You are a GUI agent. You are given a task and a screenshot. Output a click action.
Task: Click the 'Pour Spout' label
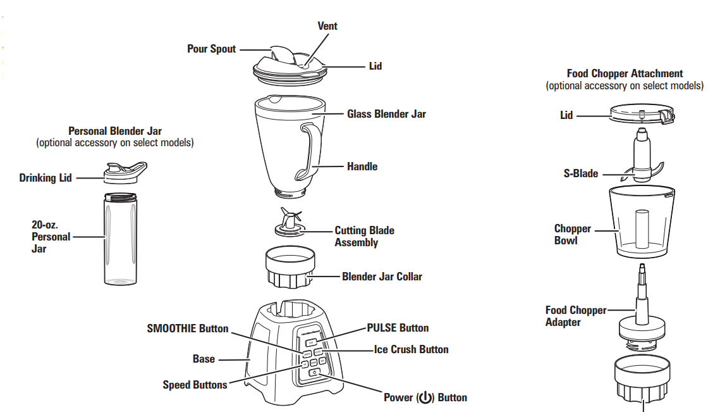pos(211,49)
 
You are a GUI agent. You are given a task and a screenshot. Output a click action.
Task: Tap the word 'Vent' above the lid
pos(327,26)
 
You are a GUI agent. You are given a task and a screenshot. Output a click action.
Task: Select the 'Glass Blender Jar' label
pos(386,115)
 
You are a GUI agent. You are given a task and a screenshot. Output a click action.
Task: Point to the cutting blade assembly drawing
pos(289,223)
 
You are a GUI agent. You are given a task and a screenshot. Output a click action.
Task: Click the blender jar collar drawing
pos(290,269)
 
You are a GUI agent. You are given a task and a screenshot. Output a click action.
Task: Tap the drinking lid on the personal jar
pos(124,172)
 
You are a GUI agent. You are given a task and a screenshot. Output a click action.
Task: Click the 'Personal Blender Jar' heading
pos(115,132)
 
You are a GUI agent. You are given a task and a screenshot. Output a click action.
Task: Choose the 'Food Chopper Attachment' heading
pos(625,74)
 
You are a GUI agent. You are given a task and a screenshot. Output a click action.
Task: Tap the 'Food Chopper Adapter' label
pos(575,316)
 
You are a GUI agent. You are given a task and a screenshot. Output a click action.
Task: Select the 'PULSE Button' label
pos(398,328)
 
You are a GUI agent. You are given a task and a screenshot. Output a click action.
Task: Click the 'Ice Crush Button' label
pos(411,349)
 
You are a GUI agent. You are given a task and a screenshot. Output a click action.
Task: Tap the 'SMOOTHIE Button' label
pos(188,328)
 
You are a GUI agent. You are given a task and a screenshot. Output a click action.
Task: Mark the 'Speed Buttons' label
pos(195,385)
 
